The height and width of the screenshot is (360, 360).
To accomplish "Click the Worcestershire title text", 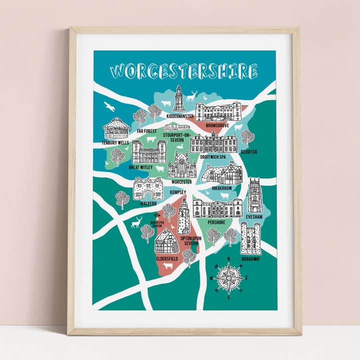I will [184, 71].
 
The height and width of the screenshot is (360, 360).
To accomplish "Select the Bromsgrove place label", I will [217, 125].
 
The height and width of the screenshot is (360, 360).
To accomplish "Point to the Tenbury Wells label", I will [115, 142].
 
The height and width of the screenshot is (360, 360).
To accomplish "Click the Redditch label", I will [248, 151].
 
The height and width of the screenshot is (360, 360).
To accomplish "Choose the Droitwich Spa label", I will [213, 157].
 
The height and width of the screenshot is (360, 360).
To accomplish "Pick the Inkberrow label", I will [221, 188].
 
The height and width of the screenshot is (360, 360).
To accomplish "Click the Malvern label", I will [148, 203].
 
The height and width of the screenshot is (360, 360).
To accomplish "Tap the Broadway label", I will [251, 259].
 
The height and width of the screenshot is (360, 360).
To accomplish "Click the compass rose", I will [229, 278].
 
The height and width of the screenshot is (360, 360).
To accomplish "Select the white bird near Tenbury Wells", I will [109, 106].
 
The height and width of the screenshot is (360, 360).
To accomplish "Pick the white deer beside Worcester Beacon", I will [136, 222].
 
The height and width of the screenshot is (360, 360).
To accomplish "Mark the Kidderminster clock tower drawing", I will [179, 98].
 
